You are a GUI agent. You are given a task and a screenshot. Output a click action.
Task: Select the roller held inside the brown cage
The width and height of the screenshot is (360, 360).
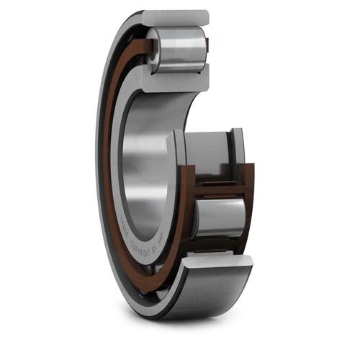[x=219, y=217]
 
